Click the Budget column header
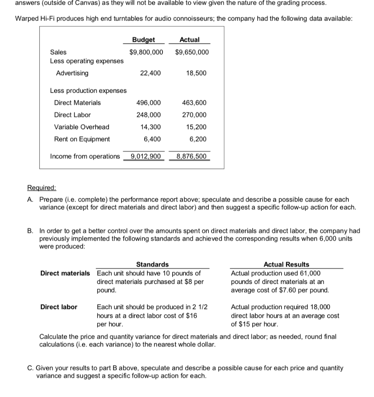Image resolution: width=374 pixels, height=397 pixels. (x=143, y=40)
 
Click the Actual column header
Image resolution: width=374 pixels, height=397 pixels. (x=190, y=40)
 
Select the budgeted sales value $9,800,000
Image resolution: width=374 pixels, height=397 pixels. (x=146, y=52)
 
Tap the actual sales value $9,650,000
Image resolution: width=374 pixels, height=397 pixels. (x=192, y=52)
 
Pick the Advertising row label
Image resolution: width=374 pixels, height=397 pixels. (x=72, y=73)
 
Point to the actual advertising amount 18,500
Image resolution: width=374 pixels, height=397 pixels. (x=196, y=73)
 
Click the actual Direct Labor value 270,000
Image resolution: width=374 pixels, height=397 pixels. (x=194, y=115)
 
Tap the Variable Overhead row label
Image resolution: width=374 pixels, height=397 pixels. (x=81, y=127)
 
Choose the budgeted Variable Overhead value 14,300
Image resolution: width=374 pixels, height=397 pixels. (x=151, y=127)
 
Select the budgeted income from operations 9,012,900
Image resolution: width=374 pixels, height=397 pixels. (x=146, y=156)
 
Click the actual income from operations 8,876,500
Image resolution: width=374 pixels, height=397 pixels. (x=192, y=156)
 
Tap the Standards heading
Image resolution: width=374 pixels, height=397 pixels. (x=152, y=264)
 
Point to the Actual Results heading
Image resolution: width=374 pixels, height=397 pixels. (x=286, y=264)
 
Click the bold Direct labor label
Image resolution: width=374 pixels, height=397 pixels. (x=59, y=307)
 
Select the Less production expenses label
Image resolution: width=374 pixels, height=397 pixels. (x=88, y=90)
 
